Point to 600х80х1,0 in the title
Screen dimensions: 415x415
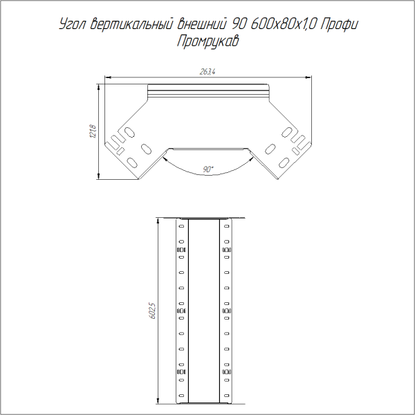[280, 26]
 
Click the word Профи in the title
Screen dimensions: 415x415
[342, 26]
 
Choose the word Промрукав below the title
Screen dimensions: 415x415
[207, 41]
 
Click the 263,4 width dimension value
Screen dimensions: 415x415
[207, 72]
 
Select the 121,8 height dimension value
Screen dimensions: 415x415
[92, 131]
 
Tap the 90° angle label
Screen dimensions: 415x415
[207, 168]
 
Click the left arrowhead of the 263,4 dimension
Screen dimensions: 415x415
[107, 77]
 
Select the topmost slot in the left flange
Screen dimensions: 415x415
[181, 226]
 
